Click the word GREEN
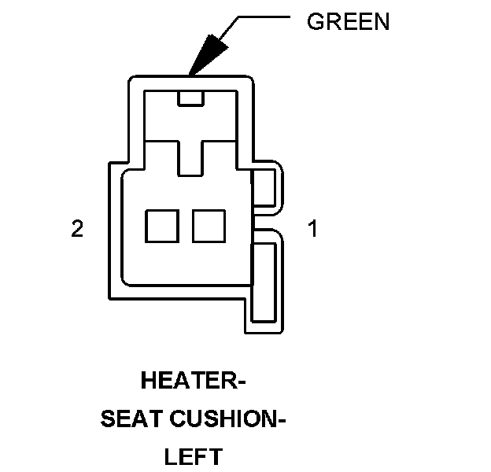[348, 22]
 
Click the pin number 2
[77, 230]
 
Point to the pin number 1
[312, 230]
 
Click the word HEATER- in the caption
[194, 383]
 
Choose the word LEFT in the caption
[194, 456]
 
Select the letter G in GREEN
[314, 22]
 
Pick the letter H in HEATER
[148, 383]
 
